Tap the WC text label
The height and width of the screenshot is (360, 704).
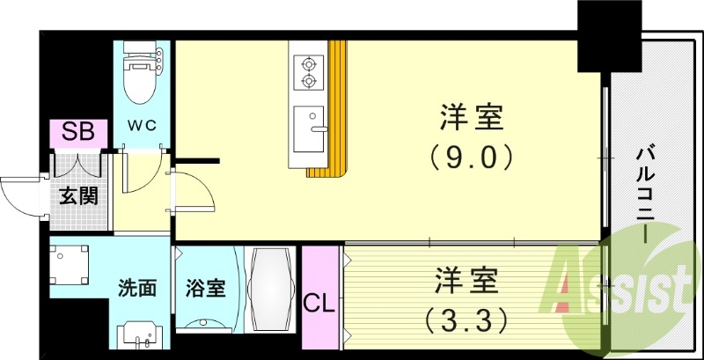143,125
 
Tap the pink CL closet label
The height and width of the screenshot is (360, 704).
319,304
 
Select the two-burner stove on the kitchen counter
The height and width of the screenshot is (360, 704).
309,72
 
